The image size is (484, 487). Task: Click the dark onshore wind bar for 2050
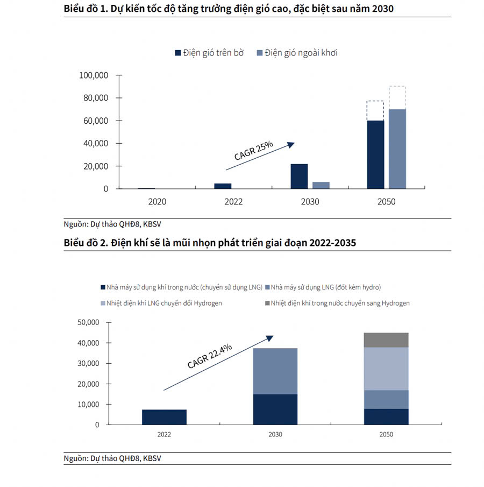375,154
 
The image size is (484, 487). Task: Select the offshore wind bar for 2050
397,149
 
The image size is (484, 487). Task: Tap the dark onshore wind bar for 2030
299,177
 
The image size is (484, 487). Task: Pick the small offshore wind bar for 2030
321,185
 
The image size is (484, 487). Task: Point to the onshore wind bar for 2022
223,186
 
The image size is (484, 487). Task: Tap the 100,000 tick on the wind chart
94,75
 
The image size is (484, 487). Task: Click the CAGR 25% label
254,151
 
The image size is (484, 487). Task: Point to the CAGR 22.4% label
210,356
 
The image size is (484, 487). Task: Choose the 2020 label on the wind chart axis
157,202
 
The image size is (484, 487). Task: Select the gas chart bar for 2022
164,417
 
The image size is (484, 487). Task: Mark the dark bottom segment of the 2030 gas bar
275,410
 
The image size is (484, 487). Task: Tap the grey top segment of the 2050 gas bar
386,340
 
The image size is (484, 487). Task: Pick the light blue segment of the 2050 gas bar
386,369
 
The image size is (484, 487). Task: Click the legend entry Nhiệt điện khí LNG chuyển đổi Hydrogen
161,303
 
